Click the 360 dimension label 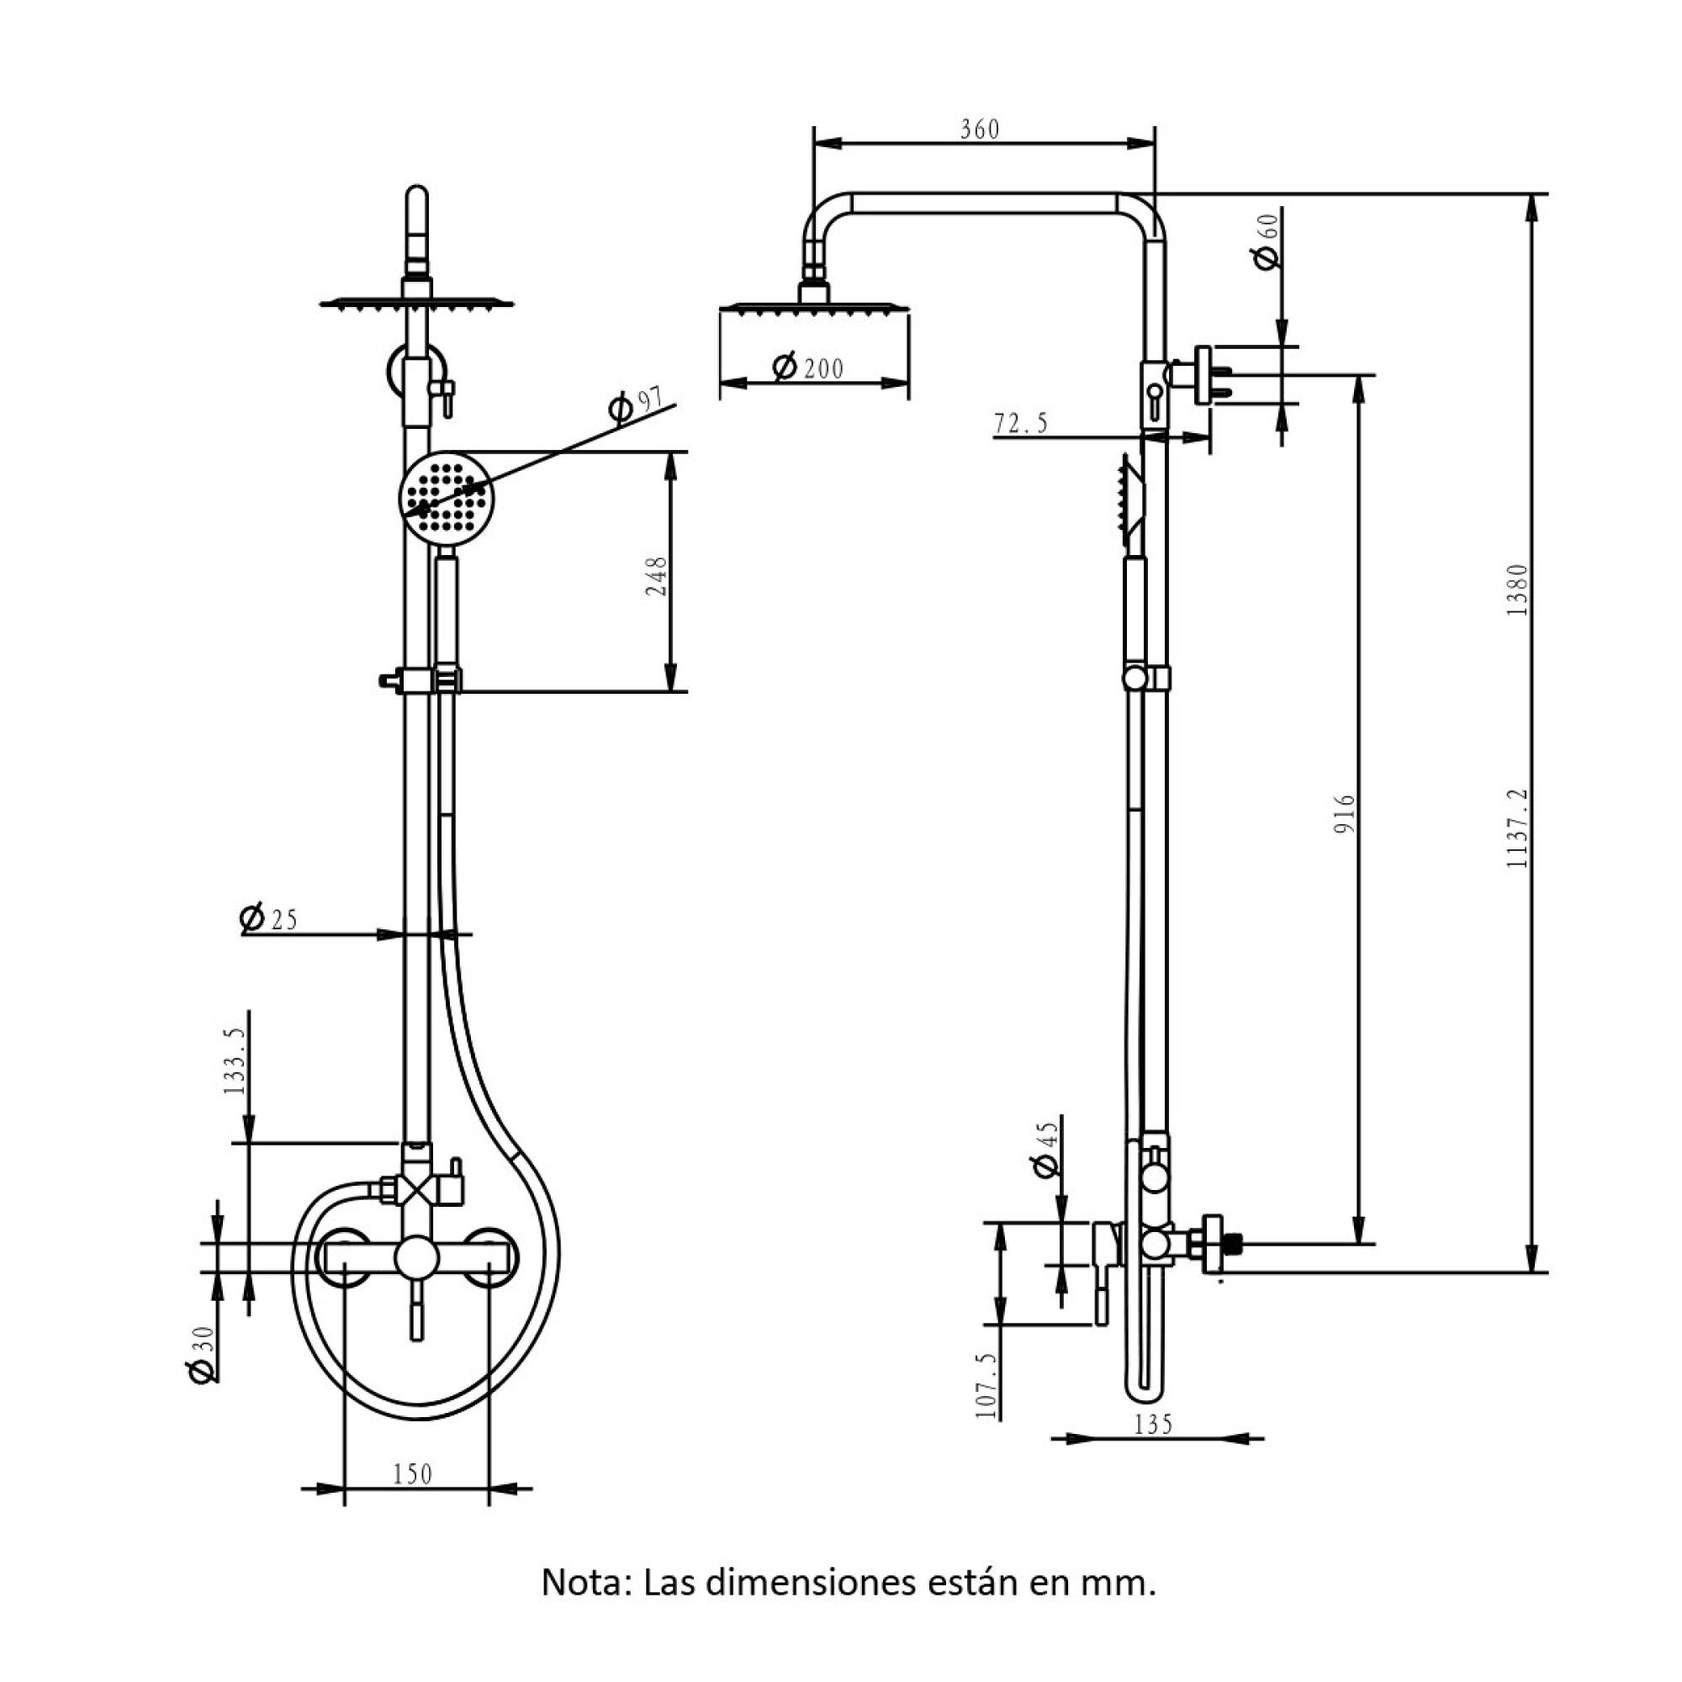click(980, 129)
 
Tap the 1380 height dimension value click(1516, 590)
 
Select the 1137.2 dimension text click(1516, 827)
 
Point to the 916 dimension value click(1345, 814)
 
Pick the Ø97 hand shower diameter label click(635, 405)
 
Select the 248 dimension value click(656, 575)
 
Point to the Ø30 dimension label click(201, 1355)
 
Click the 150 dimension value click(412, 1474)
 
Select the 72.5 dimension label click(1021, 424)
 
